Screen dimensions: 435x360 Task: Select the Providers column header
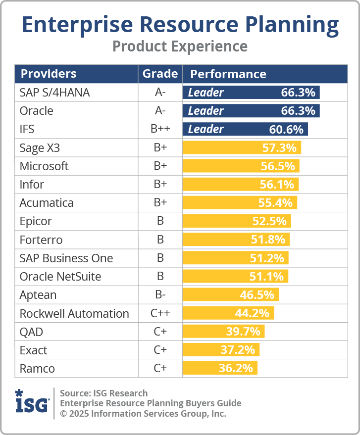click(48, 74)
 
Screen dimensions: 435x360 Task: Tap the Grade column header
click(160, 74)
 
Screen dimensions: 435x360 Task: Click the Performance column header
click(228, 74)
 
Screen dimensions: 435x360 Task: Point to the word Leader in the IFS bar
click(206, 129)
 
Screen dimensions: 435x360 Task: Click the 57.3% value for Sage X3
click(279, 147)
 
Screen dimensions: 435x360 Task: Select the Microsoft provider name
click(44, 166)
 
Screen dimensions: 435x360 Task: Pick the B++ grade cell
click(160, 129)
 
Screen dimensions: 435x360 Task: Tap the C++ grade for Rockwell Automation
click(160, 313)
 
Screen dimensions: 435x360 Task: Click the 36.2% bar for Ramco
click(220, 368)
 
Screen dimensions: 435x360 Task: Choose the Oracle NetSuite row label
click(60, 276)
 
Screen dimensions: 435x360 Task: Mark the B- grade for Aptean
click(160, 295)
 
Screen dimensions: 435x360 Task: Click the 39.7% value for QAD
click(244, 332)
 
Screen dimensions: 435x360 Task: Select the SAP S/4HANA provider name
click(54, 93)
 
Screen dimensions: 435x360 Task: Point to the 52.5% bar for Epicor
click(237, 221)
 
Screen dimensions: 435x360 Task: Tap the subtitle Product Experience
click(180, 46)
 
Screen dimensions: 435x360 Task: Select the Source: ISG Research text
click(103, 393)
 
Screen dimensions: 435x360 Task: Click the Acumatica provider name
click(47, 203)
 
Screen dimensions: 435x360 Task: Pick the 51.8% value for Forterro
click(268, 240)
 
